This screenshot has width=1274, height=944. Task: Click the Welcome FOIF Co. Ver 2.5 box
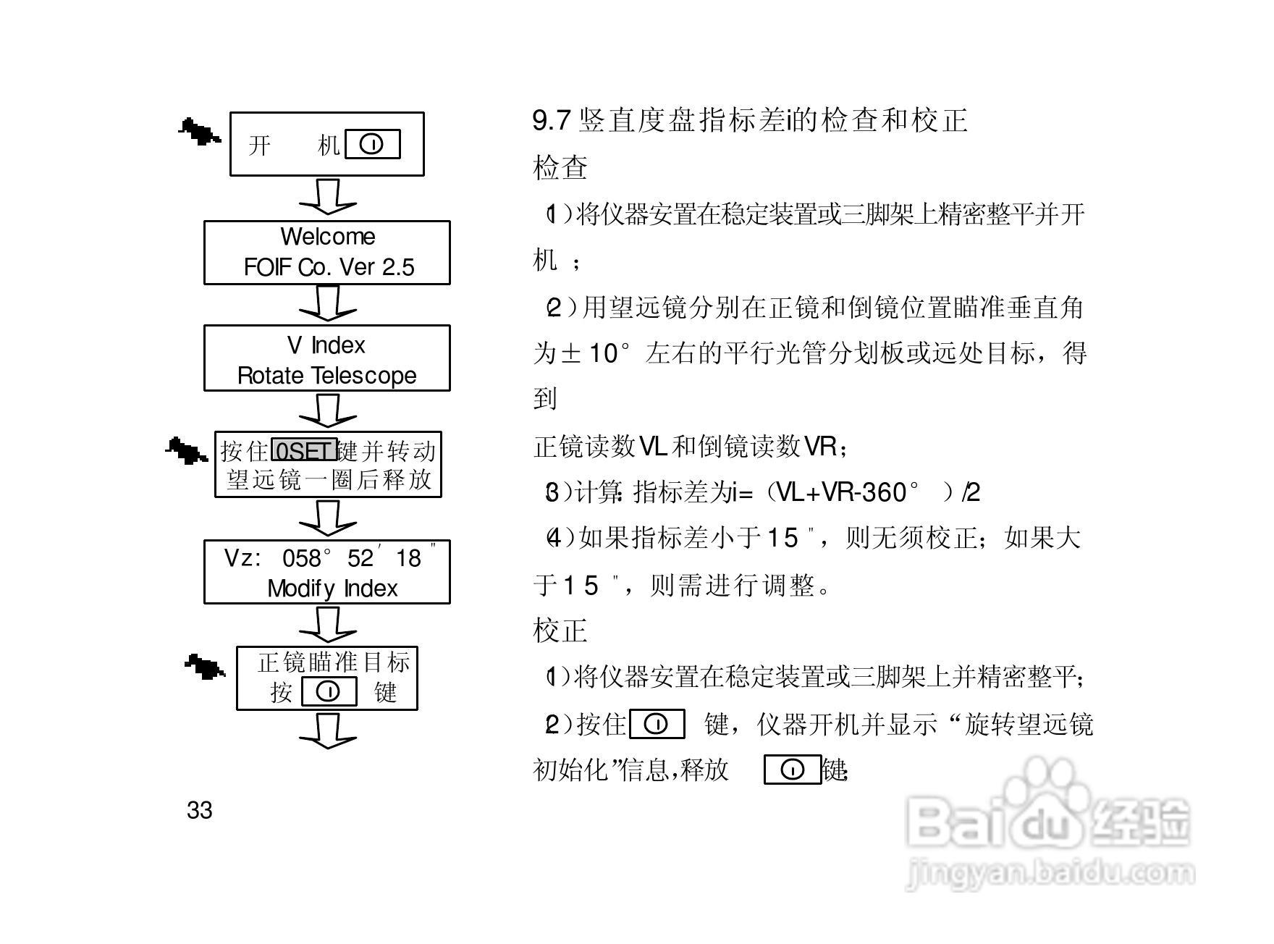tap(327, 253)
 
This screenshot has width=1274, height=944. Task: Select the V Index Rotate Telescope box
tap(327, 358)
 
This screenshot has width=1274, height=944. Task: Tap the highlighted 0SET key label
tap(304, 451)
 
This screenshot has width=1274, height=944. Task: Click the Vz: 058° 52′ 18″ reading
tap(330, 557)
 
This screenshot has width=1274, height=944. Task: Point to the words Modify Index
tap(332, 589)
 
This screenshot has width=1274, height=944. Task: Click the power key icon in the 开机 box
tap(373, 145)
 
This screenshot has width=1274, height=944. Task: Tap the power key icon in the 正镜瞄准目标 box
tap(329, 692)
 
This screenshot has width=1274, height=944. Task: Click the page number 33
tap(200, 810)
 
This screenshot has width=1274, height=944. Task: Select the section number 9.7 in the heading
tap(552, 120)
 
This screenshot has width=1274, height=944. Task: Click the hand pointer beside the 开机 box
tap(199, 132)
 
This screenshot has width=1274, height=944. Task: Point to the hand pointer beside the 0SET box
tap(186, 451)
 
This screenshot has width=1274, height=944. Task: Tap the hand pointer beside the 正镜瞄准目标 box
tap(205, 667)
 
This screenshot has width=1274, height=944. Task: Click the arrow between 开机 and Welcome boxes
tap(328, 197)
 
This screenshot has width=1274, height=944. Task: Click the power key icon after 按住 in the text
tap(657, 725)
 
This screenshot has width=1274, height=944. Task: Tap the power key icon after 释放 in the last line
tap(793, 770)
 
